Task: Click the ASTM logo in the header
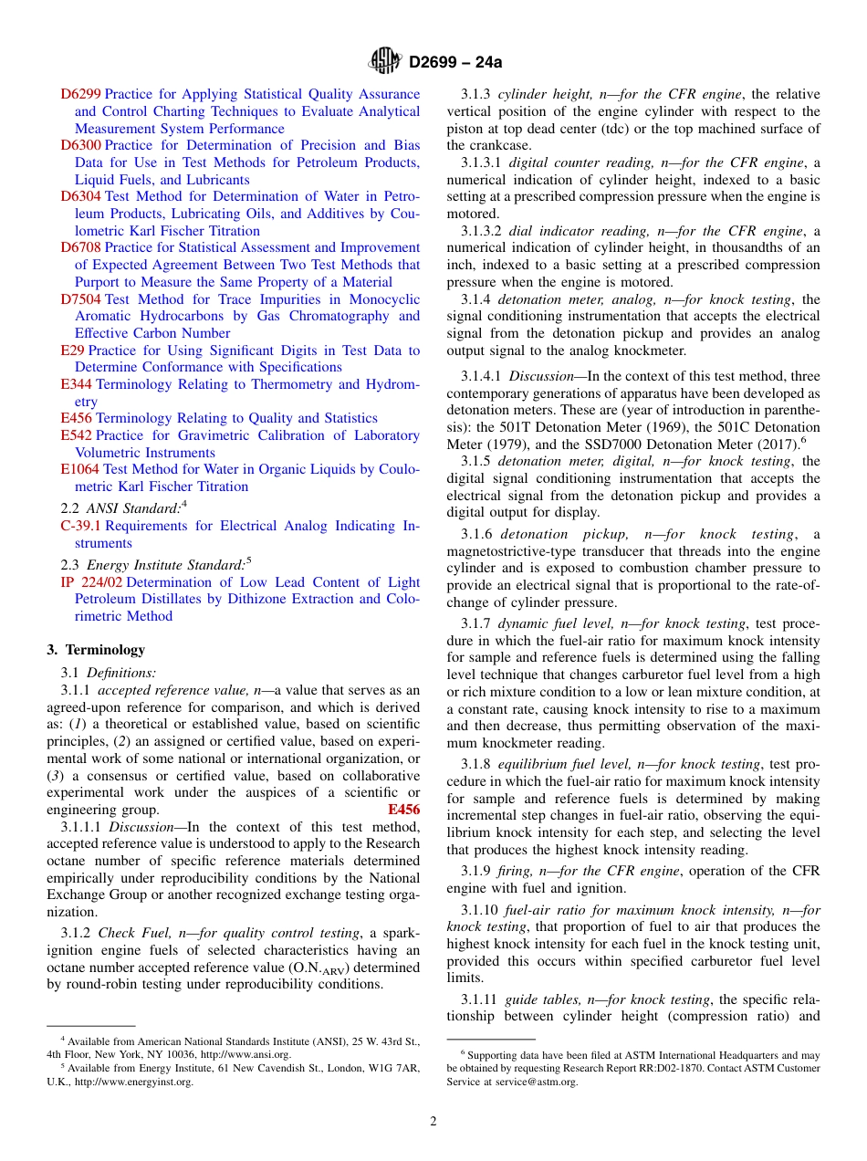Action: pyautogui.click(x=385, y=62)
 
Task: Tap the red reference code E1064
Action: pyautogui.click(x=79, y=469)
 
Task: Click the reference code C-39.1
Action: pyautogui.click(x=80, y=526)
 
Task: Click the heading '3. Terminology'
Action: pyautogui.click(x=96, y=650)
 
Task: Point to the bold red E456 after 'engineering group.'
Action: pyautogui.click(x=403, y=810)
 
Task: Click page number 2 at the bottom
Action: pyautogui.click(x=433, y=1121)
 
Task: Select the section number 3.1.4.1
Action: pyautogui.click(x=481, y=376)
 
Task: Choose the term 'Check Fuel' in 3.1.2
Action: pyautogui.click(x=131, y=933)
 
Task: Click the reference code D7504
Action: pyautogui.click(x=81, y=299)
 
